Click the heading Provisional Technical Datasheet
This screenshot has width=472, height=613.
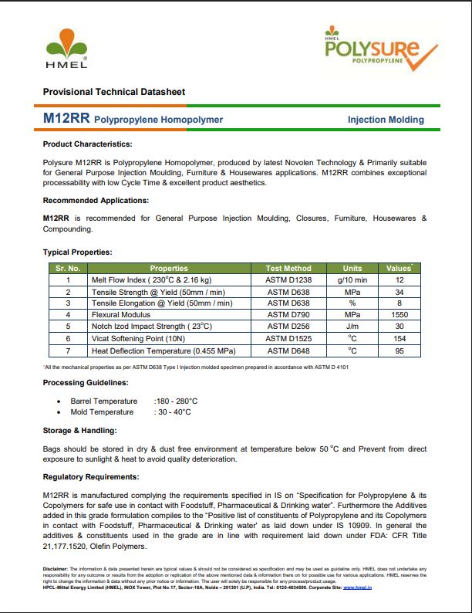tap(113, 92)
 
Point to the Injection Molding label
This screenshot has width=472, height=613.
tap(386, 120)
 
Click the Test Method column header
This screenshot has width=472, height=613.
tap(288, 269)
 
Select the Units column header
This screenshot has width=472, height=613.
tap(352, 269)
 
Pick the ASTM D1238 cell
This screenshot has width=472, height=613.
tap(288, 280)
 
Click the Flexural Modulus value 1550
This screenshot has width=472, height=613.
tap(399, 315)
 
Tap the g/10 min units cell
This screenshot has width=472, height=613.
tap(352, 280)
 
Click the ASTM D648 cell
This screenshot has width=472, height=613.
tap(288, 350)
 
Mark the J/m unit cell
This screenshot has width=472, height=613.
tap(352, 327)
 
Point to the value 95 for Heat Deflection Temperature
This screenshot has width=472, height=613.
tap(399, 350)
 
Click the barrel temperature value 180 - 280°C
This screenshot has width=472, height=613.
tap(176, 401)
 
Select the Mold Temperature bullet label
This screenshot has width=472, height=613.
tap(102, 412)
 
